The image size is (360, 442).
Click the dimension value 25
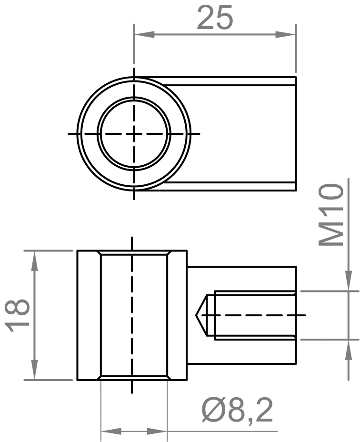[x=215, y=19]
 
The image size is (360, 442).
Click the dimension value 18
[x=19, y=315]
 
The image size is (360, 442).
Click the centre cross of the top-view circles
[x=134, y=134]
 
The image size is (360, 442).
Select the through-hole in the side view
[x=134, y=315]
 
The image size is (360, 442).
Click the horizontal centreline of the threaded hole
[x=257, y=315]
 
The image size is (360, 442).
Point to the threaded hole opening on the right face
[x=295, y=315]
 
